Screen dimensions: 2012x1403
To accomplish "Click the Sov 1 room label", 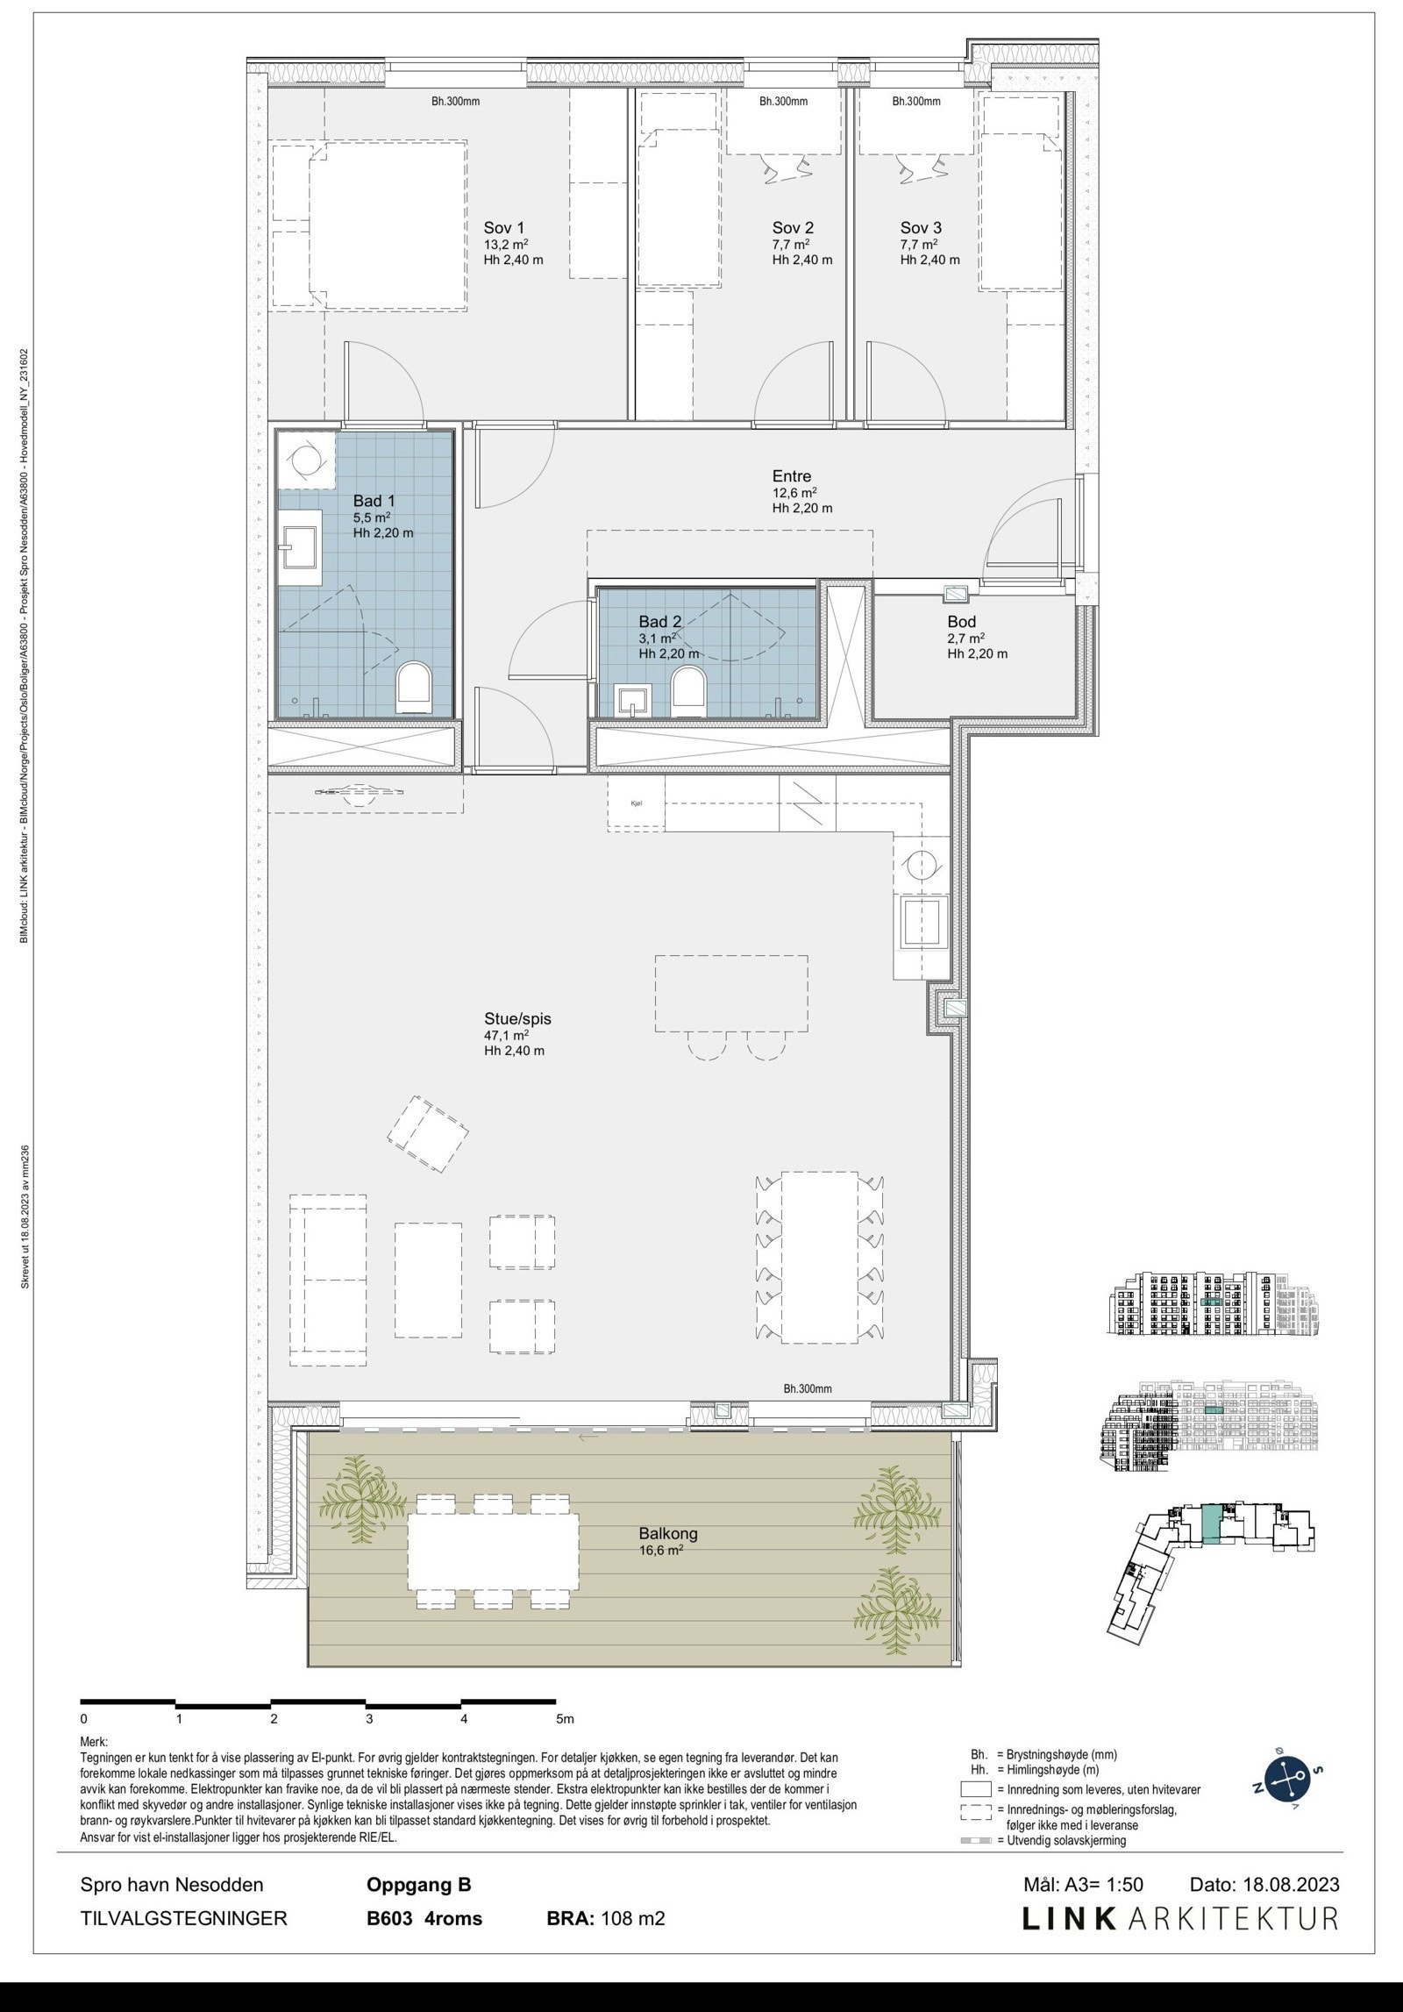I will coord(504,227).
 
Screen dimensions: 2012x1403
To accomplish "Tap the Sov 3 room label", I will coord(921,227).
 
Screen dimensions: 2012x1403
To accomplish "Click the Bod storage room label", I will coord(961,622).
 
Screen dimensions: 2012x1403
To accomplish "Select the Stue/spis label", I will coord(517,1019).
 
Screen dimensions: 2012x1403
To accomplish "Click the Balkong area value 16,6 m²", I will coord(661,1550).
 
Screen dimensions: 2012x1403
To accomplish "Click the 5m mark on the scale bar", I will coord(564,1718).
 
